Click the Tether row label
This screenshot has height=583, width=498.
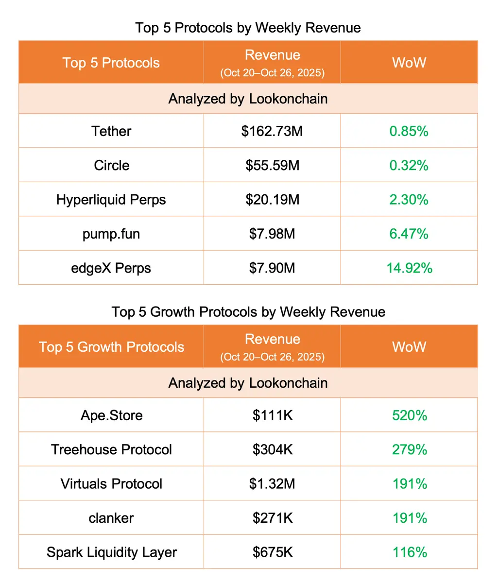[111, 131]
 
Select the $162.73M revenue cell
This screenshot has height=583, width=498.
[272, 131]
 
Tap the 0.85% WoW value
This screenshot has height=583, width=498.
[409, 131]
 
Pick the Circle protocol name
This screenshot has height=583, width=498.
[111, 165]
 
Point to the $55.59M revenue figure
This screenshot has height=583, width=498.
[272, 165]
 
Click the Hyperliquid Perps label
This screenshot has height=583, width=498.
[111, 200]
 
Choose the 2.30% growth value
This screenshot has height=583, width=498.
[409, 200]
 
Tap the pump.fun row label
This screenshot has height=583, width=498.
[111, 234]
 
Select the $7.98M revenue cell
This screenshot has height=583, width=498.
[272, 234]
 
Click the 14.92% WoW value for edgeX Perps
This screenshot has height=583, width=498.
[409, 268]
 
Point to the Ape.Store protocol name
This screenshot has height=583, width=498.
[111, 415]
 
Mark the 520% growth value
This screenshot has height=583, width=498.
[409, 415]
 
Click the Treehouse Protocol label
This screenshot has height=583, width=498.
[111, 449]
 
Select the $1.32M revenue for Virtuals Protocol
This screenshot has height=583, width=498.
[272, 484]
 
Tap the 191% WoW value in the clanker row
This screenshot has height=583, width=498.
[409, 518]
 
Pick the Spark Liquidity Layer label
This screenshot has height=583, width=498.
[111, 552]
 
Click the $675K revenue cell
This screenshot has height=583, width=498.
[272, 552]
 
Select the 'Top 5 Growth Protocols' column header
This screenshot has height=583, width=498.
[111, 347]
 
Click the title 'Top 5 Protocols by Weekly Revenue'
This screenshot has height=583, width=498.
[248, 28]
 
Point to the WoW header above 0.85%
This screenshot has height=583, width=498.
[409, 63]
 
